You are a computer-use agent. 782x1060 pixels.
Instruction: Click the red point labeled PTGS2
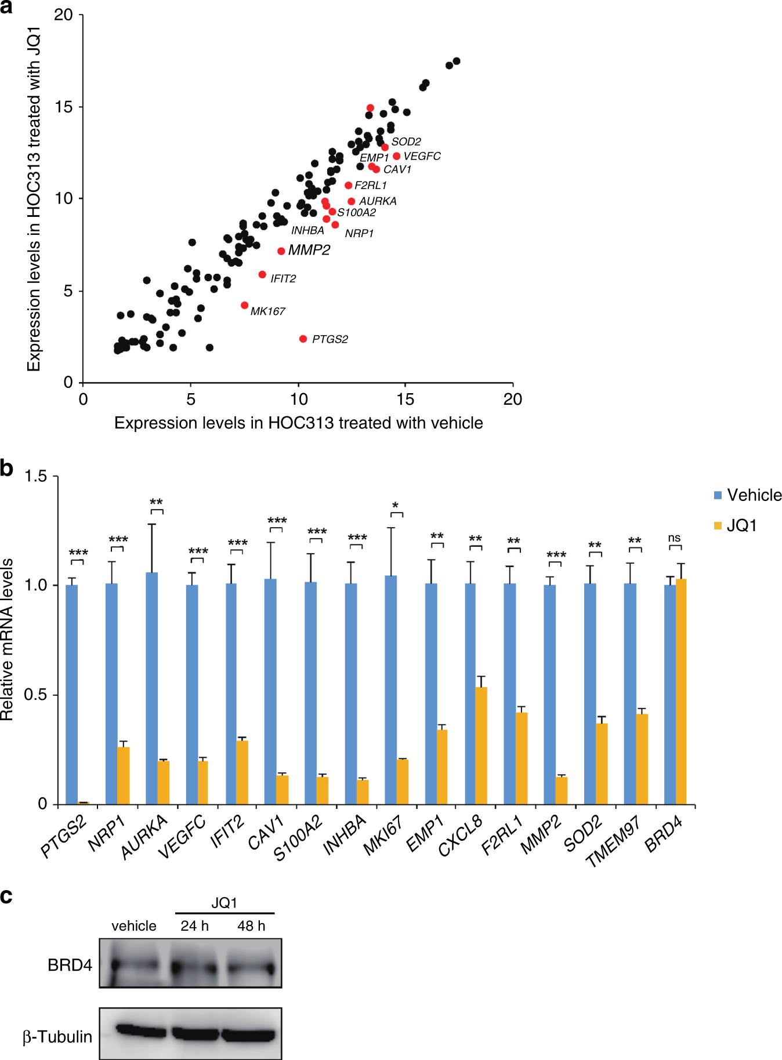[x=303, y=339]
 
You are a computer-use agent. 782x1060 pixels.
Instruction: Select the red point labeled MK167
[x=244, y=305]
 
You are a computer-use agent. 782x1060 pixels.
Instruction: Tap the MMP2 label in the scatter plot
[x=309, y=250]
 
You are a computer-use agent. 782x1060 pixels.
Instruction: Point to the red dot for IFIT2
[x=262, y=274]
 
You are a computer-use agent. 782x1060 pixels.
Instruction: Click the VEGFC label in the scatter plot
[x=422, y=156]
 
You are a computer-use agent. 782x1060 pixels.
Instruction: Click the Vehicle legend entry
[x=748, y=495]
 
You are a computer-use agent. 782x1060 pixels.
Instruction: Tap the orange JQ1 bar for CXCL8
[x=481, y=745]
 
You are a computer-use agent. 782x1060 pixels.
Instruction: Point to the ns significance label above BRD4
[x=674, y=538]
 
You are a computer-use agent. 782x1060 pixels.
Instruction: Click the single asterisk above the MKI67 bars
[x=396, y=506]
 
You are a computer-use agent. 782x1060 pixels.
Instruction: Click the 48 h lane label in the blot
[x=251, y=926]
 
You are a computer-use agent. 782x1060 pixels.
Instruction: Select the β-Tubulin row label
[x=57, y=1037]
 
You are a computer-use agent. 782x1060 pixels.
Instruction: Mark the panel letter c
[x=6, y=896]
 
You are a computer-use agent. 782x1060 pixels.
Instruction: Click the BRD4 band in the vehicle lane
[x=134, y=967]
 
